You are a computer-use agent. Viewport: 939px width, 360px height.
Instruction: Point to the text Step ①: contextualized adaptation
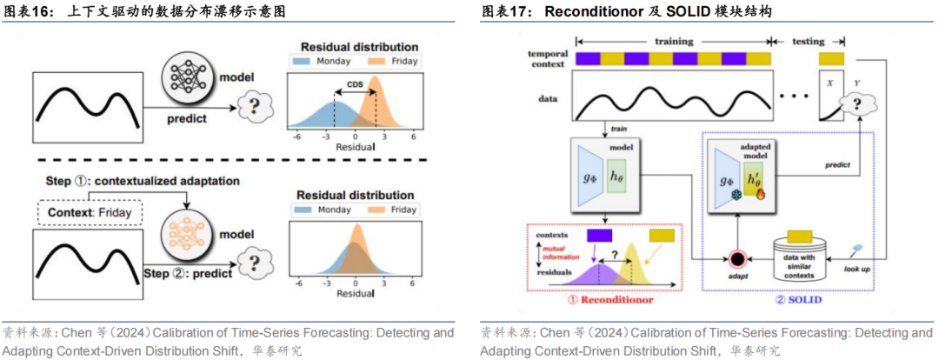click(138, 180)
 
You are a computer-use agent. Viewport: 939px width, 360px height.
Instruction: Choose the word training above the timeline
click(673, 41)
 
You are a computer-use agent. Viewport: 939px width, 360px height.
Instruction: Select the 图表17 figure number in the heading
click(508, 11)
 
